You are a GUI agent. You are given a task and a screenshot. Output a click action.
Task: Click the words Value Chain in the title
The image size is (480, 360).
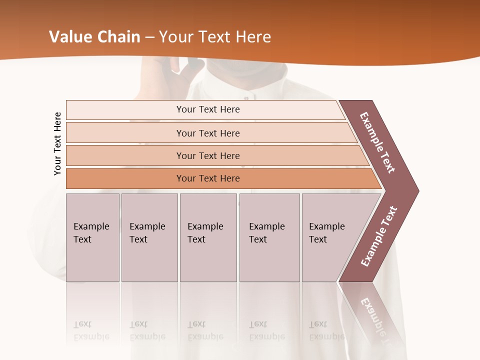(94, 37)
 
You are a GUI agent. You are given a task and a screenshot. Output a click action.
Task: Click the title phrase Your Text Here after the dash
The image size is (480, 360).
(215, 37)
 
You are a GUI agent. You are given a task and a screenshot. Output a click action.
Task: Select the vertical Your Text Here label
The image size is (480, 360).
(57, 143)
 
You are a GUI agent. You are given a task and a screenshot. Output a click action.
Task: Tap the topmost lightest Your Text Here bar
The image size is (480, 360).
(208, 109)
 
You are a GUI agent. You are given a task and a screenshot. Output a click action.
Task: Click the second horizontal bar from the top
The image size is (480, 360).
(208, 133)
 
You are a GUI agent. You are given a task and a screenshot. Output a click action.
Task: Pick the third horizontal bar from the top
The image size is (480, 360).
(208, 155)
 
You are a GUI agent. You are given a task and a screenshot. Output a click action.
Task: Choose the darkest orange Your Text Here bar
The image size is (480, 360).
(208, 178)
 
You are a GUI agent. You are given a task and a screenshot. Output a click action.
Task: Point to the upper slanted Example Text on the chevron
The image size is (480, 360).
(377, 143)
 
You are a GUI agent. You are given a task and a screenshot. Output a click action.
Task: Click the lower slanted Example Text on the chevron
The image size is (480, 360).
(378, 236)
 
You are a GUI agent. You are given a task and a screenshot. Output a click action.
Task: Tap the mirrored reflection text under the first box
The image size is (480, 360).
(91, 331)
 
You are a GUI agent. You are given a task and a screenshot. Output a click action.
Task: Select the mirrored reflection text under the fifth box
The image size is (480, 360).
(326, 331)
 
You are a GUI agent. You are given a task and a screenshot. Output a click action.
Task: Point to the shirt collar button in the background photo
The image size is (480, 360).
(253, 96)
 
